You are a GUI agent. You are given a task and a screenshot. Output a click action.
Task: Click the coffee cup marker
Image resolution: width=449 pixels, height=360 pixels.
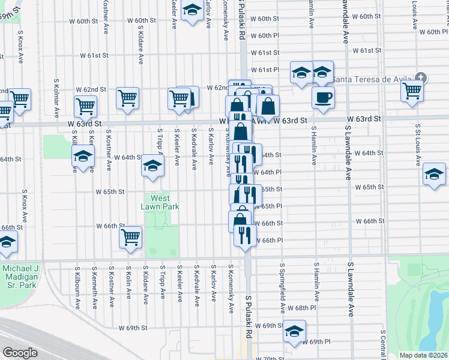click(323, 98)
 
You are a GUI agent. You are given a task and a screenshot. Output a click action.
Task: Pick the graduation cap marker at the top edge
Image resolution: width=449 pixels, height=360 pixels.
click(192, 11)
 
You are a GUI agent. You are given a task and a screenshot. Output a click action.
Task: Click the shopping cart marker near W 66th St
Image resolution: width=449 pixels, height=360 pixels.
click(131, 238)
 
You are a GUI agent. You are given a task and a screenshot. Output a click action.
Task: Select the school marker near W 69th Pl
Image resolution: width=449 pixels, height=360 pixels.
click(294, 332)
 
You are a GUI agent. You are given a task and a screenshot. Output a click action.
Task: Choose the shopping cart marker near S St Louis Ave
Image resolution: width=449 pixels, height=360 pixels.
click(412, 91)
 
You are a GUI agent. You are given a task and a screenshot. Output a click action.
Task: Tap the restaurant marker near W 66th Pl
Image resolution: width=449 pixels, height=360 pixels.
click(245, 235)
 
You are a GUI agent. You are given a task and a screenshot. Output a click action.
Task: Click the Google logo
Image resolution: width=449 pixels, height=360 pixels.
click(20, 353)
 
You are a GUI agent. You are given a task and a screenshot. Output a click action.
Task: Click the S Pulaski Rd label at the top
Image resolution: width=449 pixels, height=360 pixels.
click(242, 20)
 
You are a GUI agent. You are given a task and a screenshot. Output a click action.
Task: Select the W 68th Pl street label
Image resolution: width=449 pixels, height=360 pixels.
click(301, 308)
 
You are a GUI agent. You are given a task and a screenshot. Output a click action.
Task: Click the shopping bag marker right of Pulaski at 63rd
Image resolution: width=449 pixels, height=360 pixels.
click(268, 106)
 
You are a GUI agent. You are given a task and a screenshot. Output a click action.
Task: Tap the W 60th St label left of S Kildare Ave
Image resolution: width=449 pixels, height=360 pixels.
click(83, 21)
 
